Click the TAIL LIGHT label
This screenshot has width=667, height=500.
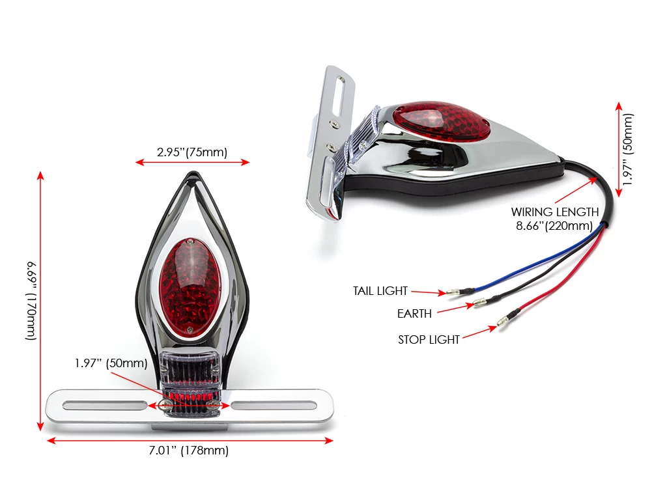pyautogui.click(x=380, y=291)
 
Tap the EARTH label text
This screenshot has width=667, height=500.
pyautogui.click(x=414, y=314)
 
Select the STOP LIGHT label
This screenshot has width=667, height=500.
pyautogui.click(x=429, y=339)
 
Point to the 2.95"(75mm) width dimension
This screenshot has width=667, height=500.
pyautogui.click(x=192, y=152)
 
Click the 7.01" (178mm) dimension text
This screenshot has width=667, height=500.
pyautogui.click(x=189, y=451)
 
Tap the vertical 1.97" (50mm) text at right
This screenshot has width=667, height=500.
pyautogui.click(x=627, y=150)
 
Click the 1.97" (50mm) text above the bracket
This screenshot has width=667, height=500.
pyautogui.click(x=111, y=363)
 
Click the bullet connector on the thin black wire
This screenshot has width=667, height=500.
pyautogui.click(x=479, y=303)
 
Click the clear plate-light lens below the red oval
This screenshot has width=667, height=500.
pyautogui.click(x=190, y=368)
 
